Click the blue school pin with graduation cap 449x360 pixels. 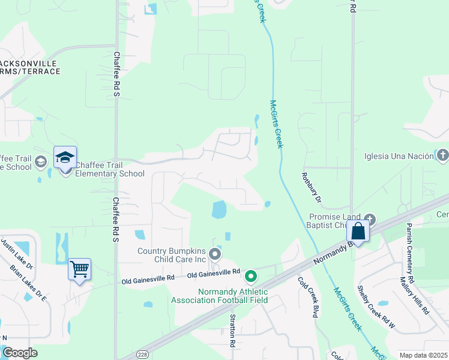click(x=65, y=158)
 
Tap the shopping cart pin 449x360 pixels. click(x=79, y=269)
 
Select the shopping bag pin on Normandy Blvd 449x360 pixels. click(x=358, y=231)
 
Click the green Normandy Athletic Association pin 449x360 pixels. click(x=251, y=277)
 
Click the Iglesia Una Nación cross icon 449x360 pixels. click(x=442, y=156)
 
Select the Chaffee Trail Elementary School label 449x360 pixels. click(x=110, y=170)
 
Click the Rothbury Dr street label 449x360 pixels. click(x=311, y=188)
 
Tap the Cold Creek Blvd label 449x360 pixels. click(x=307, y=296)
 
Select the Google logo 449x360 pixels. click(x=20, y=353)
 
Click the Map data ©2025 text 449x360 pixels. click(x=423, y=355)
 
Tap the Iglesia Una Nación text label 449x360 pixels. click(x=399, y=157)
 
